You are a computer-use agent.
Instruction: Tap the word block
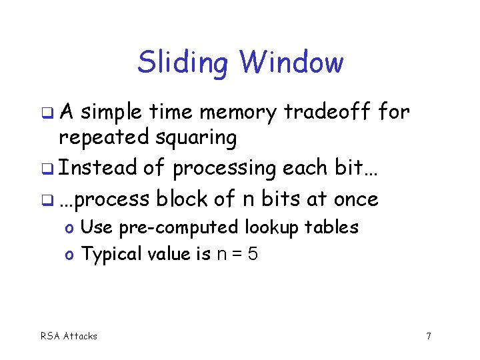pyautogui.click(x=181, y=198)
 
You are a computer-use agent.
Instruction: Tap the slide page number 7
pyautogui.click(x=428, y=336)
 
